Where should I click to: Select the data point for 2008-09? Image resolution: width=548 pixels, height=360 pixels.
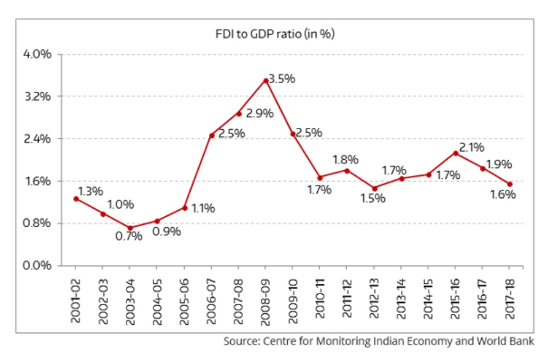click(265, 80)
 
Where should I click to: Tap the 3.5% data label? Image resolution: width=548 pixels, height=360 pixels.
click(281, 79)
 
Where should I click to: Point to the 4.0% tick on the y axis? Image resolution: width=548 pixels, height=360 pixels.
click(37, 54)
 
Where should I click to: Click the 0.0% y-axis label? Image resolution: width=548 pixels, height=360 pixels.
click(37, 266)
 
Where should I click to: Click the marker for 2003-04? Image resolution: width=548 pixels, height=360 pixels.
click(130, 228)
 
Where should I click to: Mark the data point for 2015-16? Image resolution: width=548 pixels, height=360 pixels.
click(456, 153)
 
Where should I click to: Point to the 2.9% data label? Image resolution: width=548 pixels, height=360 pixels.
click(259, 114)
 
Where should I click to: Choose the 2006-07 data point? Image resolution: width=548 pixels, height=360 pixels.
click(212, 136)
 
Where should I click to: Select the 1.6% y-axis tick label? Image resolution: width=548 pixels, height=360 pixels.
click(37, 181)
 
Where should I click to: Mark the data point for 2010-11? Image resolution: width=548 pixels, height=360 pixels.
click(320, 177)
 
